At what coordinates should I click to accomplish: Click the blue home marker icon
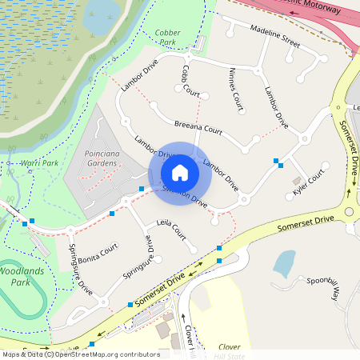click(180, 173)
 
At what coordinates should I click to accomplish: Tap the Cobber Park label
click(166, 37)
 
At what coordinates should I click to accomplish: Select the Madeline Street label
click(274, 36)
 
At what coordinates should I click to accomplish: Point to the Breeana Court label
click(198, 127)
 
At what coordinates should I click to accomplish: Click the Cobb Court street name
click(190, 81)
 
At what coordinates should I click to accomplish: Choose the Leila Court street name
click(171, 230)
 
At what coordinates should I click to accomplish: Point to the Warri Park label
click(40, 163)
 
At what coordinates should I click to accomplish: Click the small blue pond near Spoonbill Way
click(284, 262)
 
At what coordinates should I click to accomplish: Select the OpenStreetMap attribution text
click(80, 354)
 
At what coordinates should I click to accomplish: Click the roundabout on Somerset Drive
click(350, 211)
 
